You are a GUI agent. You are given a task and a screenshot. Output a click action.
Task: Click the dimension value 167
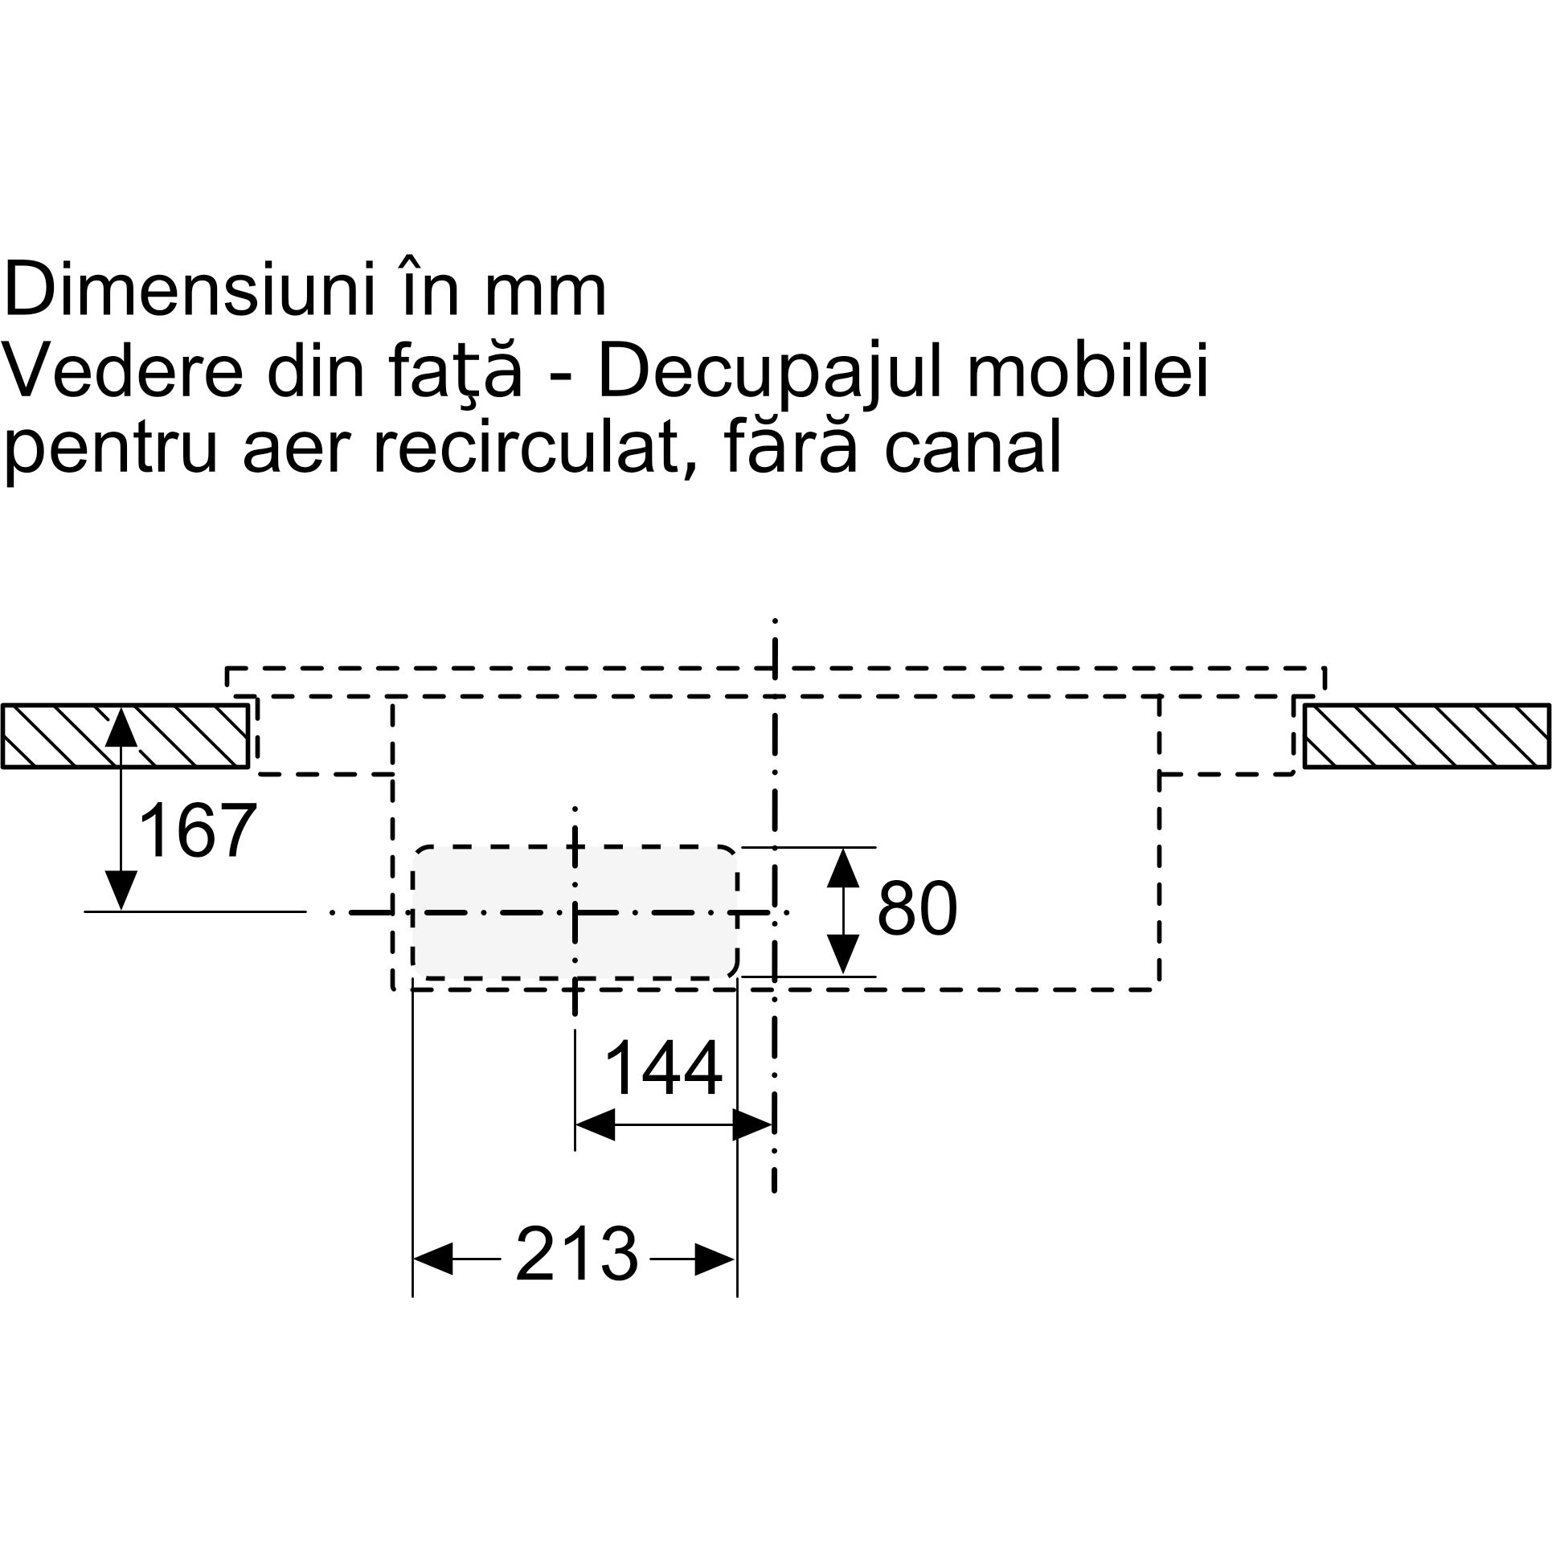(198, 831)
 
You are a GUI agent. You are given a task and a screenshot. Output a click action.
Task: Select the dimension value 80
(917, 909)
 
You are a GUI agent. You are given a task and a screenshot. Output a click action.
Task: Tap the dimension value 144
(663, 1068)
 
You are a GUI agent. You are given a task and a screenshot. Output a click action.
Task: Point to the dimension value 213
(576, 1253)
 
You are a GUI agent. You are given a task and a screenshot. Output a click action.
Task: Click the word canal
(973, 449)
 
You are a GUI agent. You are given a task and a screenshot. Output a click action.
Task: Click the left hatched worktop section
(125, 736)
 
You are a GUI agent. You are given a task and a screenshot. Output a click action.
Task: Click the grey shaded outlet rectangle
(575, 912)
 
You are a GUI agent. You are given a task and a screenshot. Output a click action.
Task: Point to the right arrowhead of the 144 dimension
(753, 1126)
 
